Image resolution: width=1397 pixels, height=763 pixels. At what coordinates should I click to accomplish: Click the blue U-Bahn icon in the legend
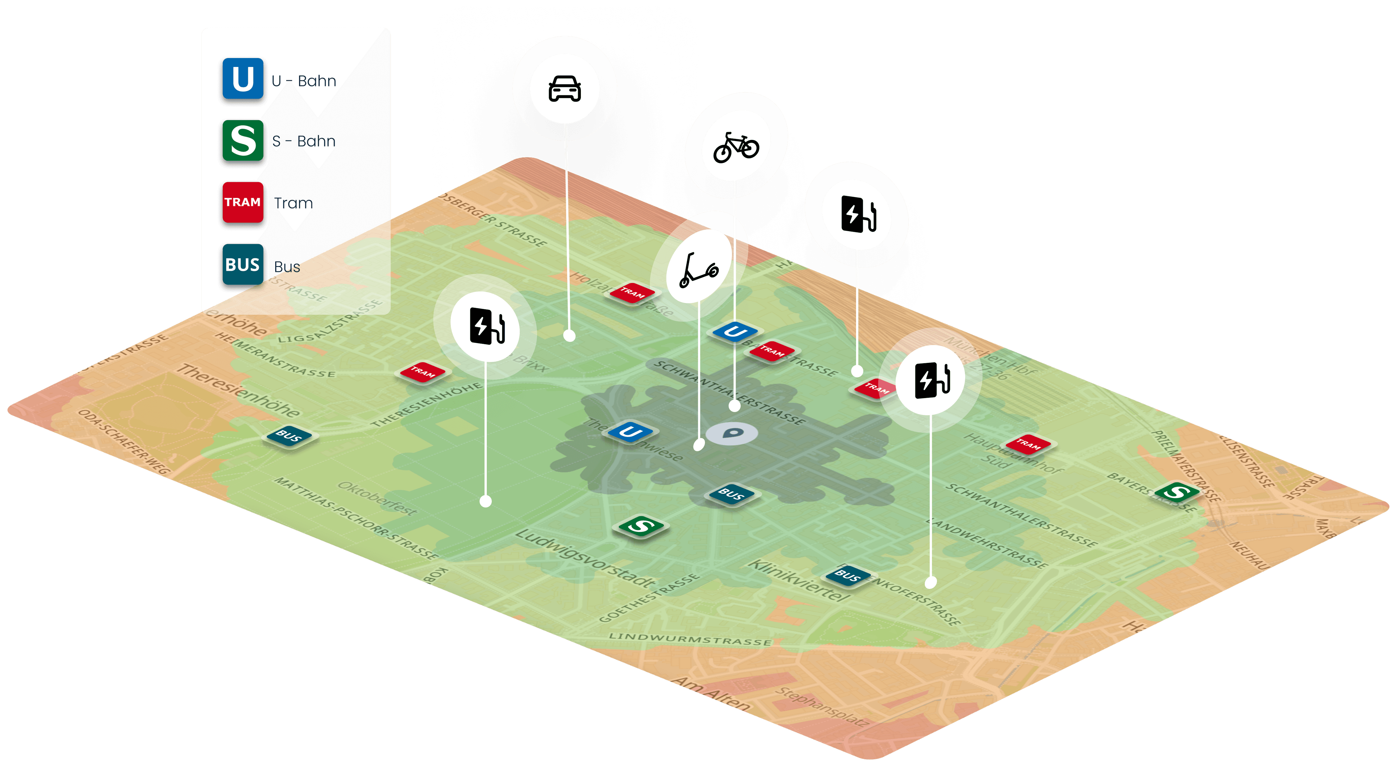click(242, 79)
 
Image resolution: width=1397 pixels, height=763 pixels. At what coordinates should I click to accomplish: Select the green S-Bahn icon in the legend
click(242, 141)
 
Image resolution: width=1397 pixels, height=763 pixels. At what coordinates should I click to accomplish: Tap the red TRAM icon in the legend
click(242, 202)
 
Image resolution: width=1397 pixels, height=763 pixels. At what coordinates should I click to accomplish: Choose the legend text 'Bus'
click(287, 267)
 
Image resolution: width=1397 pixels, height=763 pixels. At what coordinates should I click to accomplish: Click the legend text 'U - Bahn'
click(304, 81)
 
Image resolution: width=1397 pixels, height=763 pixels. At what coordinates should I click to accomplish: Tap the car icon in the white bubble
click(564, 88)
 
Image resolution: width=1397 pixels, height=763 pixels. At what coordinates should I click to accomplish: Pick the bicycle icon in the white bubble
click(736, 147)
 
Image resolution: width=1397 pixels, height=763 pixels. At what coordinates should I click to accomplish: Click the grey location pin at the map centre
click(732, 433)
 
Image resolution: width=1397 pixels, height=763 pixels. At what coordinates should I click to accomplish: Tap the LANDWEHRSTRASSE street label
click(987, 543)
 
